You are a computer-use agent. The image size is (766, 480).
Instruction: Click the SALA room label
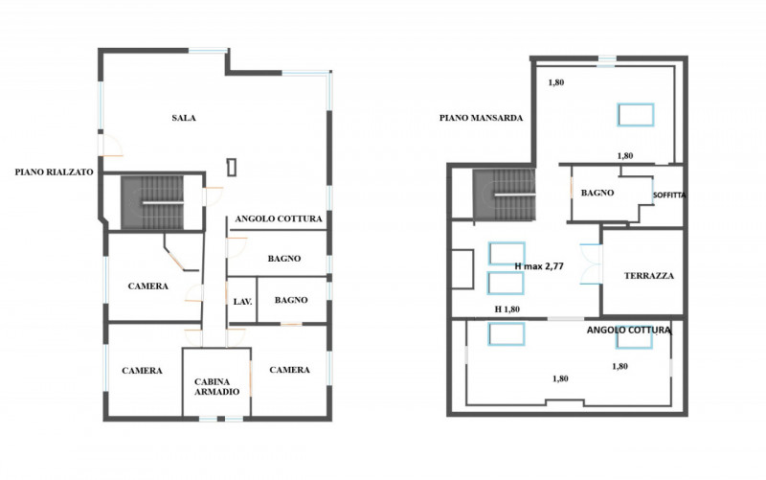coord(184,118)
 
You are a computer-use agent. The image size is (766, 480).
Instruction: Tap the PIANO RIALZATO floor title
coord(54,172)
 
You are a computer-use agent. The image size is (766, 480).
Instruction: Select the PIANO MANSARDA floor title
coord(481,118)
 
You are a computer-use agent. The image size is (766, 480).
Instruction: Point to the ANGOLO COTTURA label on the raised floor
coord(279,219)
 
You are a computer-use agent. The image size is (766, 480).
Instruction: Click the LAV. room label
coord(243,302)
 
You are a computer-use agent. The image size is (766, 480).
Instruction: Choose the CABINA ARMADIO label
coord(217,387)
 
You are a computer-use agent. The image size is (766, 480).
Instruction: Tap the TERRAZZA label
coord(649,276)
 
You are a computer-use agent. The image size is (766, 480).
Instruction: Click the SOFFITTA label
coord(669,195)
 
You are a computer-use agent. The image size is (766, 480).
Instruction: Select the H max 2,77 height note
coord(539,266)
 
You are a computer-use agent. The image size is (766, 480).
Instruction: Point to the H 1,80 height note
coord(507,309)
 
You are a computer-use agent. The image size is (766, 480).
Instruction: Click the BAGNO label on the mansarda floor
coord(597,194)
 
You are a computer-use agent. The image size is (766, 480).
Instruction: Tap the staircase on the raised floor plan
coord(152,202)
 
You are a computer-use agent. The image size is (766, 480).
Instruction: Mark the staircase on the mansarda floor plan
coord(505,194)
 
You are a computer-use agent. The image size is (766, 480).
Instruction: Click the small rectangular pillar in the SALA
coord(232,167)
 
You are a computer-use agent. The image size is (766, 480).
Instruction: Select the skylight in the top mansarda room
coord(635,115)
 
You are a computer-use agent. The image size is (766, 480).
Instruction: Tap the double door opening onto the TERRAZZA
coord(591,263)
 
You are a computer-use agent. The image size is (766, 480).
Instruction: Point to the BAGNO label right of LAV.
coord(291,300)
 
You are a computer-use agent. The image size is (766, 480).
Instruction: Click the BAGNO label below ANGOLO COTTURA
coord(284,259)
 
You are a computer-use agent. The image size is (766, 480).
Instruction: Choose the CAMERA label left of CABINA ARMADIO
coord(142,371)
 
